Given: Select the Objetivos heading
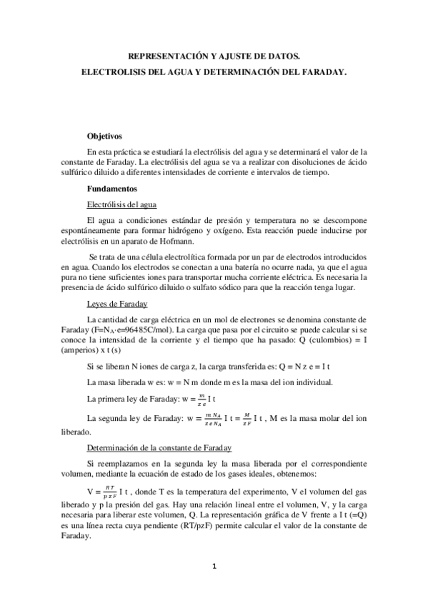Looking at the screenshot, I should pos(105,135).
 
